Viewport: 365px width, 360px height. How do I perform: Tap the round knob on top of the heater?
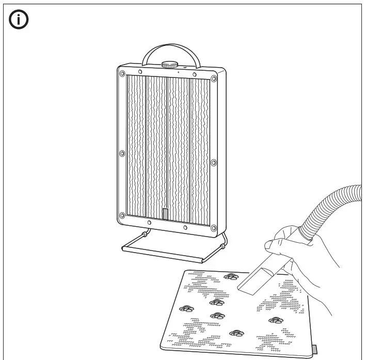pos(169,65)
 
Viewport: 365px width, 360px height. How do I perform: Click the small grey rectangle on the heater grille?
pos(165,214)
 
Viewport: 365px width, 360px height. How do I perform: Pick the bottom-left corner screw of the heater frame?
pos(122,215)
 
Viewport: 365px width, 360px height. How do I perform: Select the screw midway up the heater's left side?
pos(122,153)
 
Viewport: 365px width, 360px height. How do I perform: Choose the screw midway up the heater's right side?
pos(213,162)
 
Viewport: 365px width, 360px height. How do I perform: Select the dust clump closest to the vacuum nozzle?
pos(231,276)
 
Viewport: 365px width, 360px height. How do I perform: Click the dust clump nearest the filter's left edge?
pos(186,308)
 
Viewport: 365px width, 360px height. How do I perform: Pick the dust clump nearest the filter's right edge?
pos(277,320)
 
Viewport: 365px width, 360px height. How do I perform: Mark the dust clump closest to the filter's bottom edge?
pos(237,333)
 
